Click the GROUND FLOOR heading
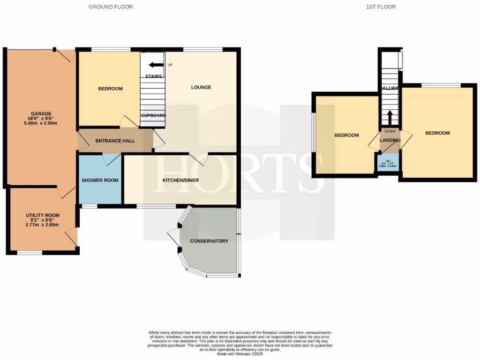111,7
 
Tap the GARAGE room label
41,113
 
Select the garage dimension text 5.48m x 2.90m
41,124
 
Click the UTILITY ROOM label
43,215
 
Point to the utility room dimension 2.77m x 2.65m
43,225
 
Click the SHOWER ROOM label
100,180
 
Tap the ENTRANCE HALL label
115,141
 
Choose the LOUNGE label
201,87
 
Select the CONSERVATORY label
209,241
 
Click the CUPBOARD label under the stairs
153,115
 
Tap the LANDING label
390,140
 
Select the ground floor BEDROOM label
110,89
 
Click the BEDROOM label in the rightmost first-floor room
437,133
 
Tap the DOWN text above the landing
390,131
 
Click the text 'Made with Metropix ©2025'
240,353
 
